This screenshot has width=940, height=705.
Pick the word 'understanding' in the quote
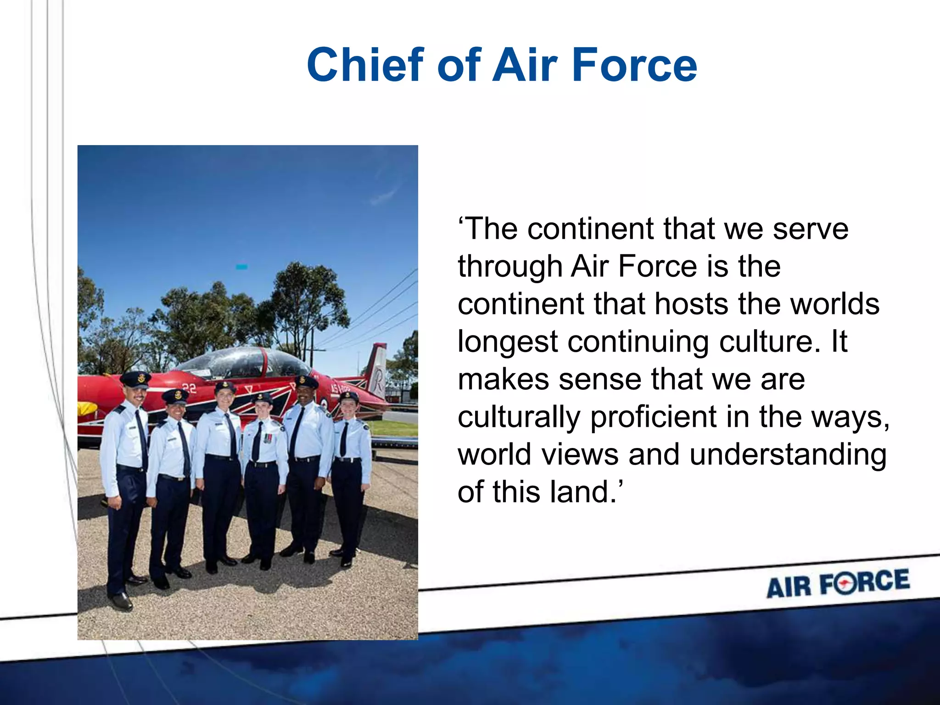pyautogui.click(x=788, y=454)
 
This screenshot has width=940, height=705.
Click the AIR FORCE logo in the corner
pyautogui.click(x=838, y=583)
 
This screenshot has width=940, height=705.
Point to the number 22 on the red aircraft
pyautogui.click(x=189, y=388)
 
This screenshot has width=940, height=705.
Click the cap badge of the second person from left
pyautogui.click(x=177, y=394)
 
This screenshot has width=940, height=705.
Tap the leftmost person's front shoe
pyautogui.click(x=121, y=600)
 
